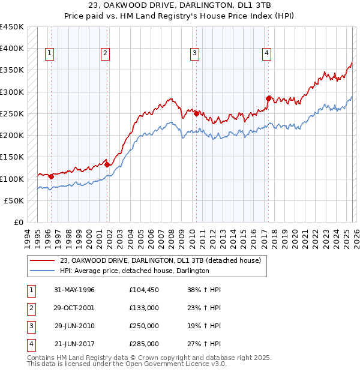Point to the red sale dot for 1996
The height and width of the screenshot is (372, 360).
coord(51,176)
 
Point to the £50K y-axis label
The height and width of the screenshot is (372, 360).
coord(14,200)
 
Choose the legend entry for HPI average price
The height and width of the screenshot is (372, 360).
coord(134,271)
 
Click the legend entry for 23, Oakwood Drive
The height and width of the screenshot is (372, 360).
coord(160,260)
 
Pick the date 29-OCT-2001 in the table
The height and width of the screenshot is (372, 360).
coord(74,307)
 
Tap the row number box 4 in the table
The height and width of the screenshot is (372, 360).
coord(30,344)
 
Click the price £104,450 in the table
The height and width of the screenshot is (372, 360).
coord(144,290)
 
